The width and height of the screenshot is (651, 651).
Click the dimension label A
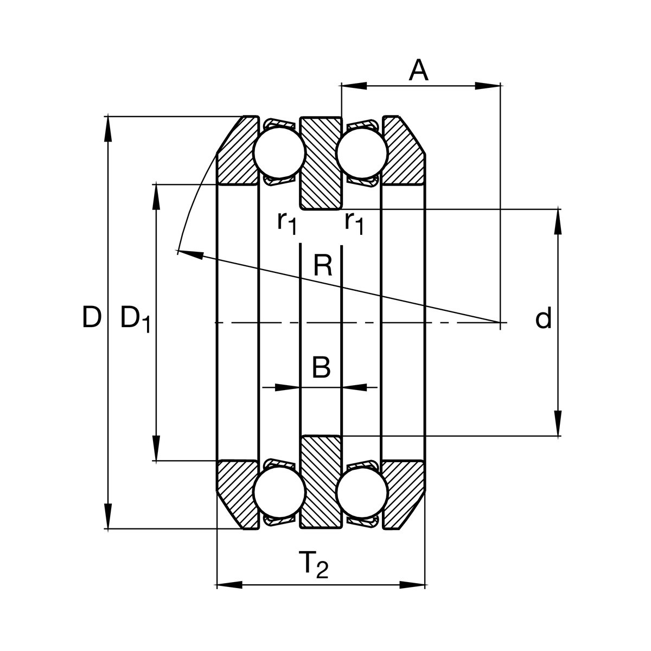pos(418,71)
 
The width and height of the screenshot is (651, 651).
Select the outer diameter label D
pos(92,318)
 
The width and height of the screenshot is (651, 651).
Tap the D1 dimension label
pos(134,319)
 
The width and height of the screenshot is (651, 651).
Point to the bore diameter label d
pos(543,318)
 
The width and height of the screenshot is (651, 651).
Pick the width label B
pos(321,367)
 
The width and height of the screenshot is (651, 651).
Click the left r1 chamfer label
pos(287,222)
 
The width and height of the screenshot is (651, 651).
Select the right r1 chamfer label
pos(354,222)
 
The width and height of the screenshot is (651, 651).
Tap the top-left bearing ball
pos(279,152)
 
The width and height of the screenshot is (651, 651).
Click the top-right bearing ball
pos(362,152)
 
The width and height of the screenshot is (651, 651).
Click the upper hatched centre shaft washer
pos(321,163)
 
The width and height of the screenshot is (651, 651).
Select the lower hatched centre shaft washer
pos(321,482)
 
